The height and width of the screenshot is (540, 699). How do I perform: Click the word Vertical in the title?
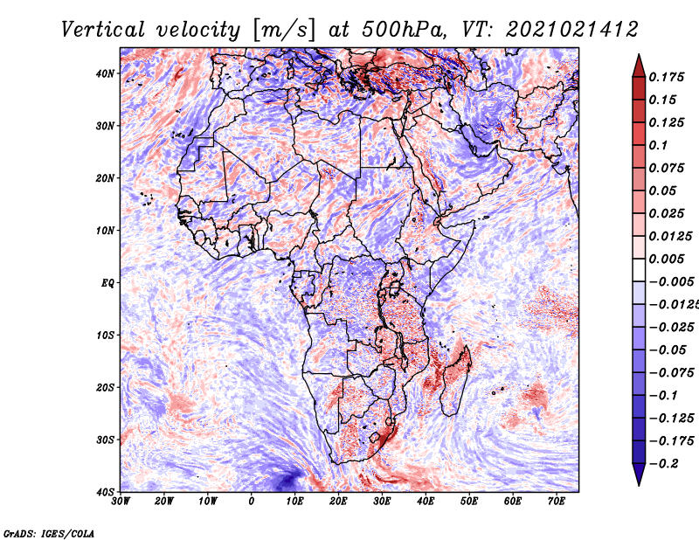(x=102, y=30)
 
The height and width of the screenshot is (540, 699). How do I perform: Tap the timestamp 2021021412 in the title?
(x=572, y=30)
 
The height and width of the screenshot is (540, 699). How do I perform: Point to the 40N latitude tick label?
(x=105, y=73)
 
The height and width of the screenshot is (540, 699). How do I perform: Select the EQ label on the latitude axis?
(x=107, y=283)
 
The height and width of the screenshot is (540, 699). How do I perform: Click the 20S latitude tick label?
(x=105, y=387)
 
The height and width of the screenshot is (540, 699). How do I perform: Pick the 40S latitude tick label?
(x=105, y=492)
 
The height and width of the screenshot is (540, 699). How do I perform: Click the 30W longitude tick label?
(x=121, y=502)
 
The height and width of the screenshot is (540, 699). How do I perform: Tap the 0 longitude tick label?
(x=252, y=502)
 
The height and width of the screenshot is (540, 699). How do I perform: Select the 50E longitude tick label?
(x=469, y=502)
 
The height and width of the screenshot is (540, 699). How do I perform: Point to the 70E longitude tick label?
(x=557, y=502)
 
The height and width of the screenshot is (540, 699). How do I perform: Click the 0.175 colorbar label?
(x=667, y=77)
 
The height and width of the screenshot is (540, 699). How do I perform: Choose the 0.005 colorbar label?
(x=667, y=259)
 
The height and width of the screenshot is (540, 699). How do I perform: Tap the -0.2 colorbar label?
(x=663, y=463)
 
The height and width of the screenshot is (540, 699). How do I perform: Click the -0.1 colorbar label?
(x=663, y=395)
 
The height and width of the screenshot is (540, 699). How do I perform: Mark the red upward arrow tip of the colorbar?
(x=639, y=55)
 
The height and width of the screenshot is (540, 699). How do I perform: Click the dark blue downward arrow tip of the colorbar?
(x=639, y=485)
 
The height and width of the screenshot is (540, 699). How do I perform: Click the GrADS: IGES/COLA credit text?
(x=49, y=533)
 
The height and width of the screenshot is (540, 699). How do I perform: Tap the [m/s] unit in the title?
(x=284, y=30)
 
